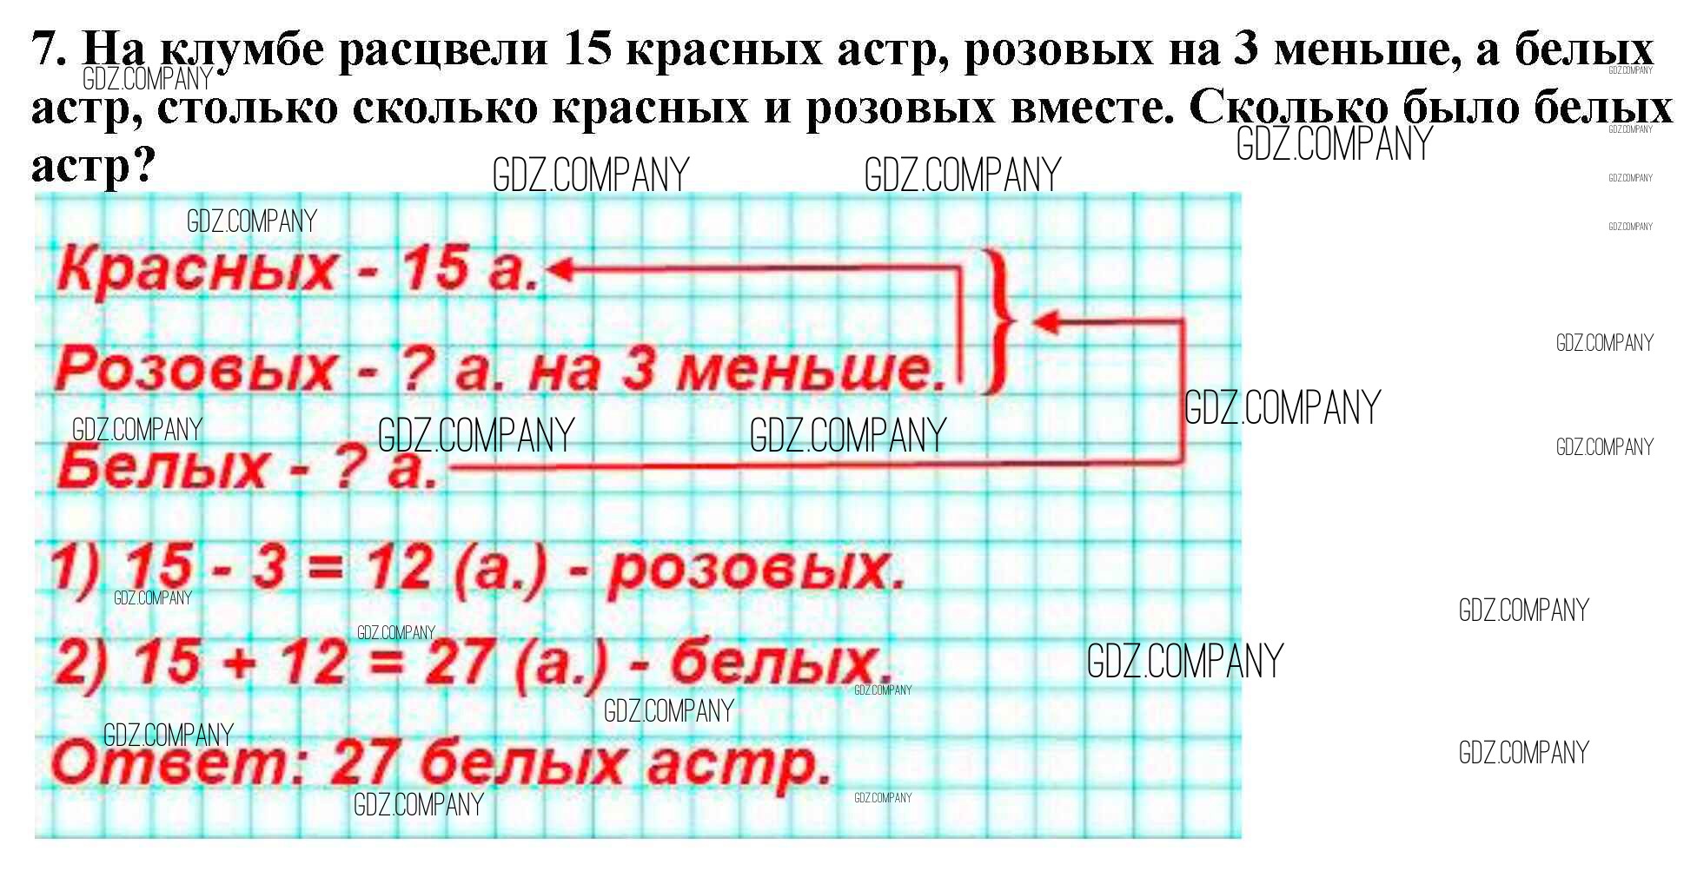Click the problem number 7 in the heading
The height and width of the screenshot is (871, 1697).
(x=47, y=49)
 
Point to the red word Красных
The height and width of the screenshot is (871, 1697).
(x=196, y=268)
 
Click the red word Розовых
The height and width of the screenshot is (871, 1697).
(x=195, y=368)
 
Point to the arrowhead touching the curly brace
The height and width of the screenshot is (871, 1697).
(x=1046, y=322)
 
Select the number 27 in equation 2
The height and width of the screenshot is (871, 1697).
(x=461, y=662)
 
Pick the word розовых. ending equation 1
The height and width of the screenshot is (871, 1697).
(x=756, y=571)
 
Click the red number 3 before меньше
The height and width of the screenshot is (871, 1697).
(x=639, y=368)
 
